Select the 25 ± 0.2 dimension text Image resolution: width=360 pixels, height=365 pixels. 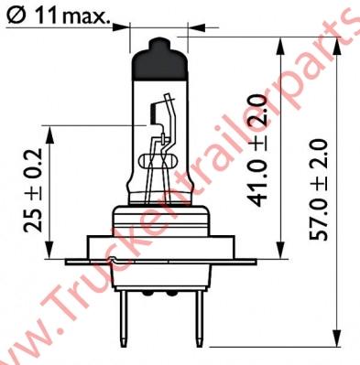(x=34, y=190)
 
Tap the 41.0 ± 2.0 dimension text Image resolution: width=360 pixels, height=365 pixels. (x=258, y=150)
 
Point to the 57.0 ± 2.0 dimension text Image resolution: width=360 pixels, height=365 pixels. (x=318, y=189)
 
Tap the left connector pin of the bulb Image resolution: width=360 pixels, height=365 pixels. (x=124, y=317)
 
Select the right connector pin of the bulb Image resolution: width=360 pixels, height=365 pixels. (x=199, y=317)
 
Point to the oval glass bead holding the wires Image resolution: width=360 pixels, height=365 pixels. (x=157, y=161)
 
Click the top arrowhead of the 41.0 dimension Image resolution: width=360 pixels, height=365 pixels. (x=280, y=47)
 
